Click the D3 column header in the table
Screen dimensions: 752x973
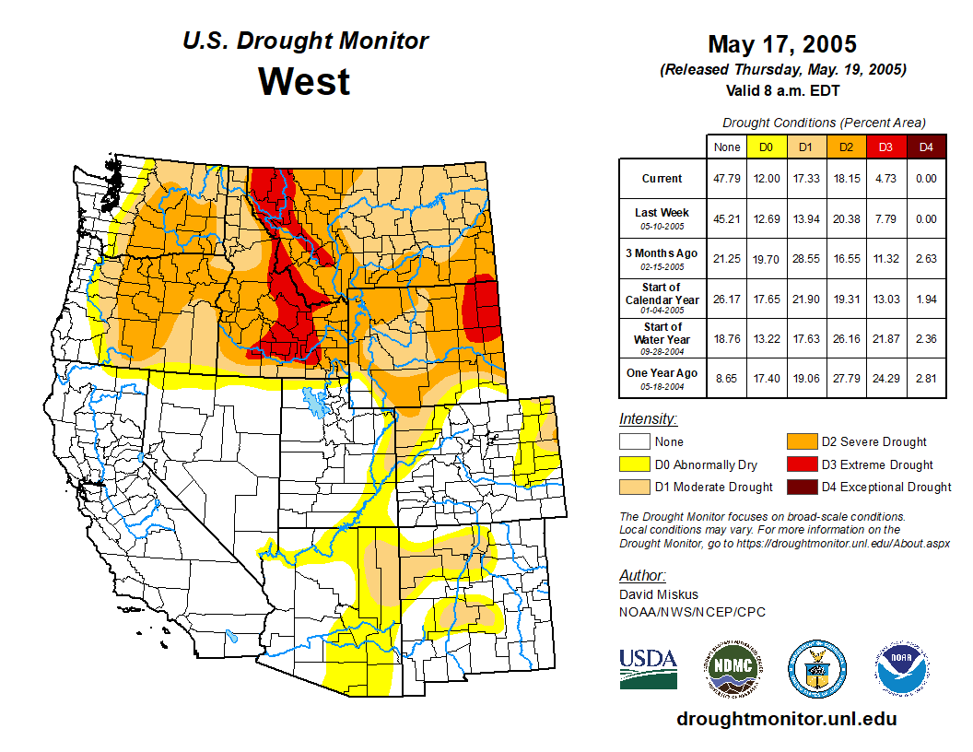click(885, 147)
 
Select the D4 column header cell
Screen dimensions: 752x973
click(926, 147)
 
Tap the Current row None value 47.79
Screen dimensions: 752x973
click(727, 179)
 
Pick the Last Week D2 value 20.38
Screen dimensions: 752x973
click(845, 219)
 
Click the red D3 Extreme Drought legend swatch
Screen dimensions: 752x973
click(801, 464)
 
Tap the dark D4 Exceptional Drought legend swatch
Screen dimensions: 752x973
click(801, 487)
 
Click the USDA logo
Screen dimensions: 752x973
click(648, 668)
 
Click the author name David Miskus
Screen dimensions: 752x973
click(659, 594)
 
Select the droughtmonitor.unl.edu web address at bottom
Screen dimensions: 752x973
click(786, 719)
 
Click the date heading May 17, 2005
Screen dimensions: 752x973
click(781, 44)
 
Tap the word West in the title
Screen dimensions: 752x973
click(304, 81)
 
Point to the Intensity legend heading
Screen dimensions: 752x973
click(648, 419)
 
